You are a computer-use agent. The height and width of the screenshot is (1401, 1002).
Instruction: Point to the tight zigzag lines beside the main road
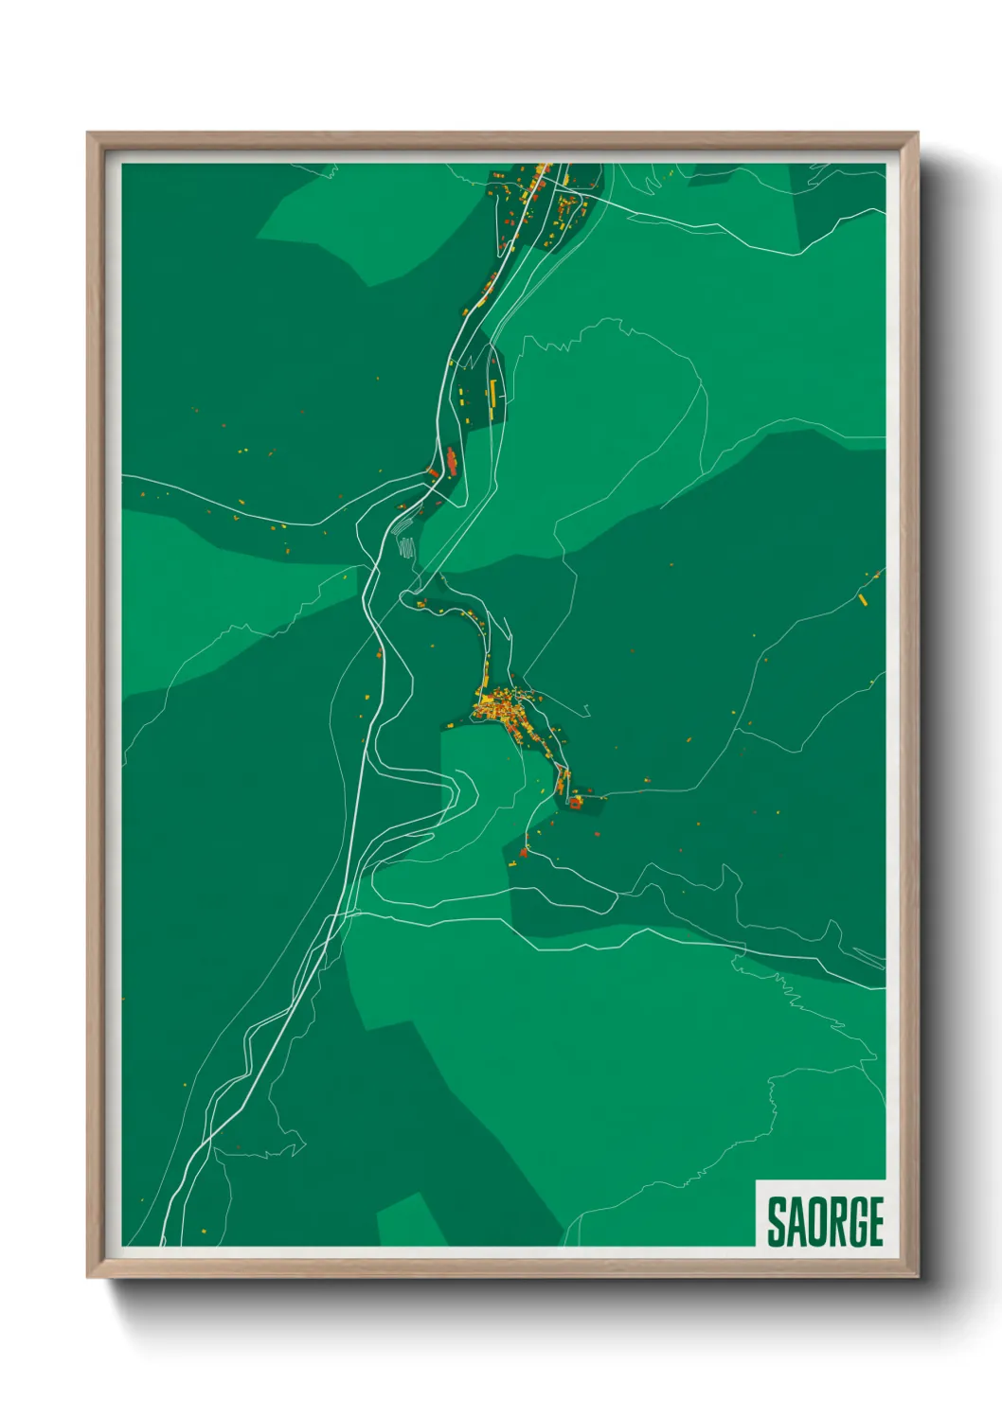tap(406, 547)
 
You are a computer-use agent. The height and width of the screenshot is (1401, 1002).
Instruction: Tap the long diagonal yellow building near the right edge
tap(864, 598)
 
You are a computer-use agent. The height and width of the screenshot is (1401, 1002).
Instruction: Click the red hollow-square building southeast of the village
tap(575, 803)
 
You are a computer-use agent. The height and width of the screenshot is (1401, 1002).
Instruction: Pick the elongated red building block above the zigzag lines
tap(452, 461)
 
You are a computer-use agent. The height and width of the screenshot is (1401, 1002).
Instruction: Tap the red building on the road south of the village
tap(523, 852)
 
